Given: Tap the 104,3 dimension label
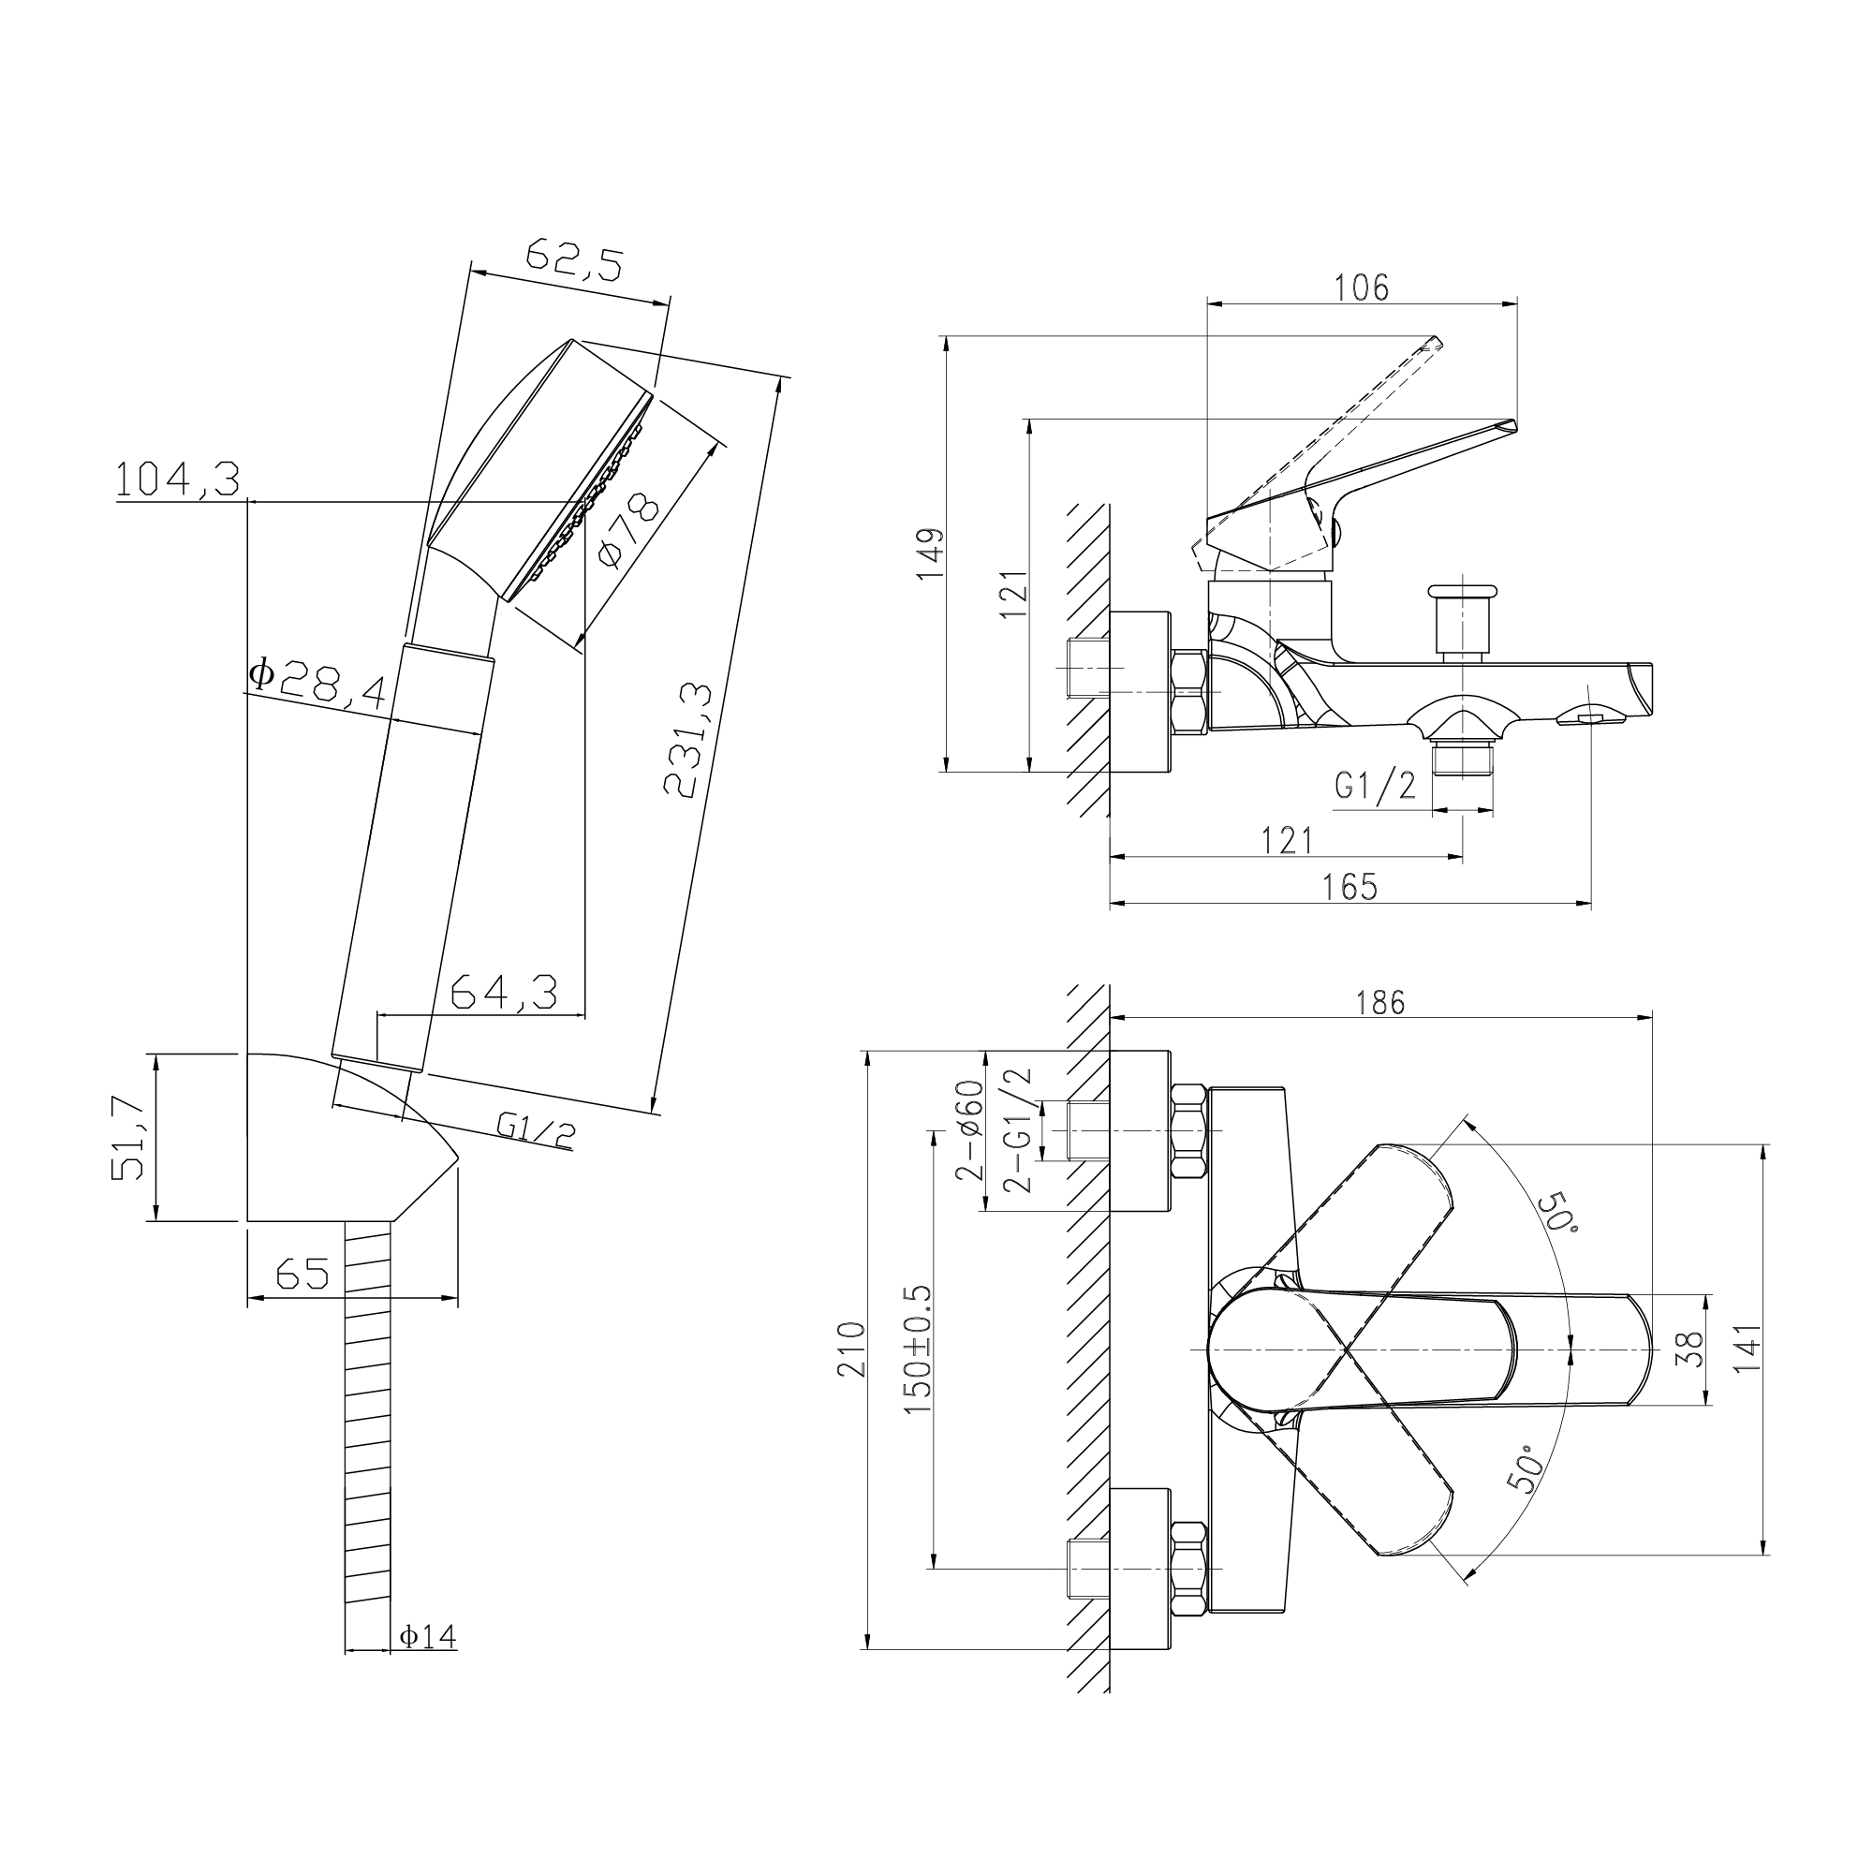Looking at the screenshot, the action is [177, 479].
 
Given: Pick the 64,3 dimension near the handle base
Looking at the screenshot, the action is [505, 992].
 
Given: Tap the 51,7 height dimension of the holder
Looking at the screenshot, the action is [128, 1137].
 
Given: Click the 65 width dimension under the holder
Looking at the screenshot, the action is [302, 1273].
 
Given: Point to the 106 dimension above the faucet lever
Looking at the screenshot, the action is [1361, 288].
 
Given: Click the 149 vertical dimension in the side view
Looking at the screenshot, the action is [930, 553].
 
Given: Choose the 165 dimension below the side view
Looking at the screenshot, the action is [1349, 886].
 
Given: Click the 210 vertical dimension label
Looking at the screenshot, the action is [852, 1349].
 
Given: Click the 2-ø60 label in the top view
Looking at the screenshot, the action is [971, 1129].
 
